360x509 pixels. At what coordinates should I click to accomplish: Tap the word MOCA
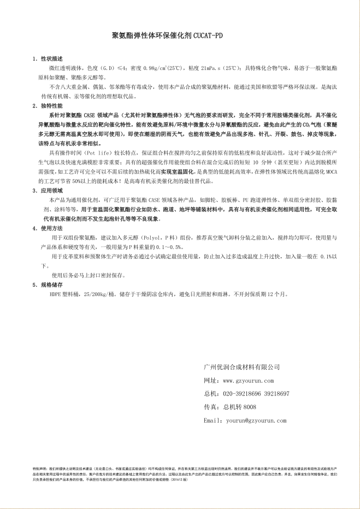[332, 171]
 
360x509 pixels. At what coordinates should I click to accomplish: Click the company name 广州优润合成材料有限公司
[241, 367]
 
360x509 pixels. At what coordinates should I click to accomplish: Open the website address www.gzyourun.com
[248, 381]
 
